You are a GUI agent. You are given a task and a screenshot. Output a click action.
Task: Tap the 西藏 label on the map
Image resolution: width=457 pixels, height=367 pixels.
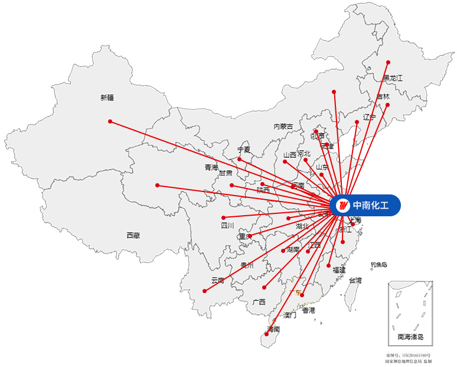(133, 235)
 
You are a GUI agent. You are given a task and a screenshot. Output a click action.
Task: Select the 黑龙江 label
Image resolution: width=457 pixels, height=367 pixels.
(392, 77)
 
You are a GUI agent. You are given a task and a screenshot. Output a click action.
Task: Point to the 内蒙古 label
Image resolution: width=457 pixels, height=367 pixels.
(283, 126)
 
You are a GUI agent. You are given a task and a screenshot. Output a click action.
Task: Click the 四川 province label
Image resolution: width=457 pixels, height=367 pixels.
(228, 225)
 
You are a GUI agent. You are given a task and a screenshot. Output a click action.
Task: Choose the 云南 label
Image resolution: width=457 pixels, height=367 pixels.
(218, 280)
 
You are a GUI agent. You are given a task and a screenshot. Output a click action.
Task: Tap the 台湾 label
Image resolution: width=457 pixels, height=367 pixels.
(355, 280)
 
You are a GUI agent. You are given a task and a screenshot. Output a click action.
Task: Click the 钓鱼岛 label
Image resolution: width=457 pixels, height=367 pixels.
(378, 265)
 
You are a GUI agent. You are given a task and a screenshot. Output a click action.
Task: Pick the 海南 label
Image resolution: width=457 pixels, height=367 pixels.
(273, 329)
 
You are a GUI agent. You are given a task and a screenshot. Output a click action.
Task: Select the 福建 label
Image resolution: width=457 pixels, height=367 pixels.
(339, 269)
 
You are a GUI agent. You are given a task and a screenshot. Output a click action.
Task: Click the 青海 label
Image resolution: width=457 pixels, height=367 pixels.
(211, 167)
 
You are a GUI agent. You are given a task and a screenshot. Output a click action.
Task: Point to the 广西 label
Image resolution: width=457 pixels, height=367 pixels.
(259, 302)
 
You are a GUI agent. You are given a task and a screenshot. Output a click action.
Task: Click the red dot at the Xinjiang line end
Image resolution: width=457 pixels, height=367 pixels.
(110, 121)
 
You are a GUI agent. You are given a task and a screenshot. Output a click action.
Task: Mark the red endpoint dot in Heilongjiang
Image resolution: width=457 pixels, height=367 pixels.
(388, 62)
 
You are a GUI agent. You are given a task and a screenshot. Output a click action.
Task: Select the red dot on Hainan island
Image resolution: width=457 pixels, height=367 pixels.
(266, 334)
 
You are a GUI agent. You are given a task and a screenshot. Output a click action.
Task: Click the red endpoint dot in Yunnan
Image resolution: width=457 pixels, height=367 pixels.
(204, 291)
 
